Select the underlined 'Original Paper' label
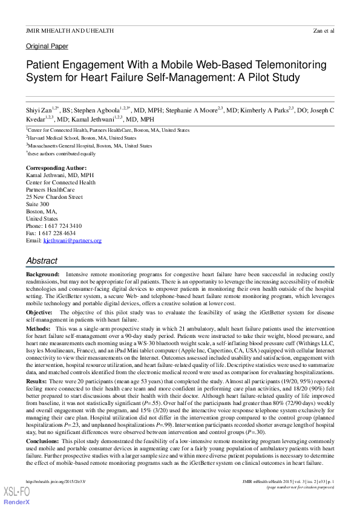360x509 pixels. pos(47,47)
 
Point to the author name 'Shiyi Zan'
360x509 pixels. pos(39,111)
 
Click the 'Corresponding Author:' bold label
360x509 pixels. pos(56,167)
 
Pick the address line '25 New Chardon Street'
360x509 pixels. pos(54,196)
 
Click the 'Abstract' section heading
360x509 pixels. pos(42,261)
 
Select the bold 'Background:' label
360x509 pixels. pos(42,274)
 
